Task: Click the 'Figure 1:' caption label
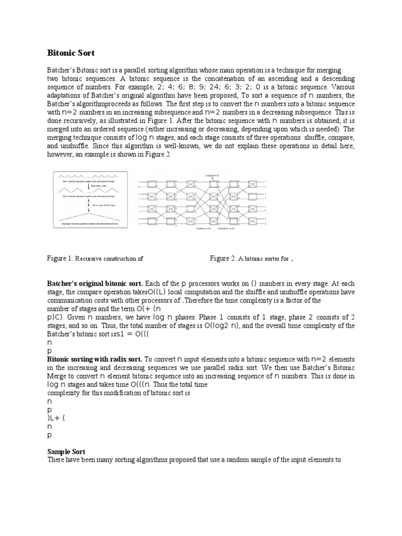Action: coord(61,259)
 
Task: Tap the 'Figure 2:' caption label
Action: coord(223,259)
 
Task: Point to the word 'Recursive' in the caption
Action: coord(92,259)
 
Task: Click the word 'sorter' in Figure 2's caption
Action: coord(273,259)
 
